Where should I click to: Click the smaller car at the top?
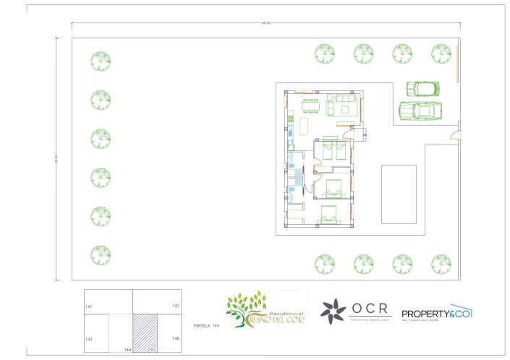424,88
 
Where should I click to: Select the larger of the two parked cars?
420,111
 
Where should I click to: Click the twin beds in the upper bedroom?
334,150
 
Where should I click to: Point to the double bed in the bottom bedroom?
329,215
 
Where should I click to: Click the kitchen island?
304,126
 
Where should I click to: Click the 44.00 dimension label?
266,23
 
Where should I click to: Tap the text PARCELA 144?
206,327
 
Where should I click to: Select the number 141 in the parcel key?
90,307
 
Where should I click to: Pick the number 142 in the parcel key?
175,306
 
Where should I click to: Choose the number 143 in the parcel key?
89,338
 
